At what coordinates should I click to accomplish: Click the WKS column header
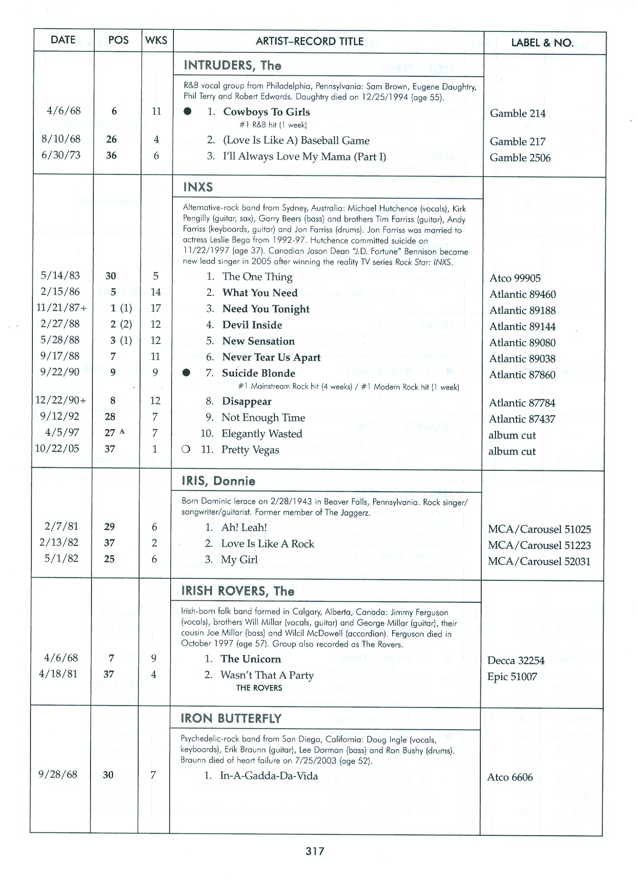click(x=156, y=40)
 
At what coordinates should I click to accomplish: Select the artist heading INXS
click(x=198, y=187)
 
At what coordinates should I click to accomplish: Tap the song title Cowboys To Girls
click(x=266, y=112)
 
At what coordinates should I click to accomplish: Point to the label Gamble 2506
click(x=520, y=158)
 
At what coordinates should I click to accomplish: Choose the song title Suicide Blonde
click(x=258, y=373)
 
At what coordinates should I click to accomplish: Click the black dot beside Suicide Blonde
click(x=187, y=373)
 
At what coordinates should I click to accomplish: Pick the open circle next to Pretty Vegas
click(x=186, y=449)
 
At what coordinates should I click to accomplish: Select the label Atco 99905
click(x=515, y=278)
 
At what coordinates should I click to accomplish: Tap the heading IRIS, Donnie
click(x=218, y=481)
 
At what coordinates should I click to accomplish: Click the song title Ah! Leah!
click(x=244, y=527)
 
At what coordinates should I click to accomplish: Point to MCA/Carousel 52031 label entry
click(x=539, y=561)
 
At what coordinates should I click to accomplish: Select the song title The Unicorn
click(x=251, y=659)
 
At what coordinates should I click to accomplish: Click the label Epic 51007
click(x=512, y=677)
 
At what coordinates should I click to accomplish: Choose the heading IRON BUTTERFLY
click(x=231, y=718)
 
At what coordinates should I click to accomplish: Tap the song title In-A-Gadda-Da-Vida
click(x=269, y=776)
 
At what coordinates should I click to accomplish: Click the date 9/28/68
click(x=58, y=774)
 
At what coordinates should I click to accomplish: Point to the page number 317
click(x=315, y=851)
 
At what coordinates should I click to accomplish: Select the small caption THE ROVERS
click(x=259, y=688)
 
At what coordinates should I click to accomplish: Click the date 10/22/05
click(x=57, y=448)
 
